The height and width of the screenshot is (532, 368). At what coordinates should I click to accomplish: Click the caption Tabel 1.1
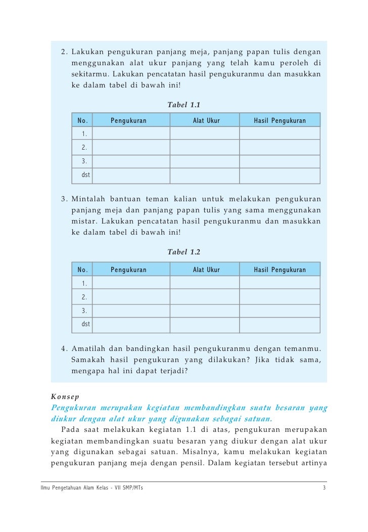pyautogui.click(x=183, y=105)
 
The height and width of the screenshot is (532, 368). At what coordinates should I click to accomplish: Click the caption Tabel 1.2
pyautogui.click(x=183, y=252)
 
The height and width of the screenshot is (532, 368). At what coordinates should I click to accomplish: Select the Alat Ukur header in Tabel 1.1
pyautogui.click(x=206, y=121)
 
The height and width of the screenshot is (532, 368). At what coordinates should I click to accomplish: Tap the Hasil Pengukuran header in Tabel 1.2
pyautogui.click(x=280, y=270)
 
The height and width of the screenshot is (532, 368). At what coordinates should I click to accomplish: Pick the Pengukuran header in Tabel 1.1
pyautogui.click(x=128, y=121)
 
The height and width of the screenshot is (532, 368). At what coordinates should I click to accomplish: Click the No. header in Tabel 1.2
pyautogui.click(x=83, y=270)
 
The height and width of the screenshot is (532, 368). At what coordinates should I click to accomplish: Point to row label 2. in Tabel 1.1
pyautogui.click(x=84, y=148)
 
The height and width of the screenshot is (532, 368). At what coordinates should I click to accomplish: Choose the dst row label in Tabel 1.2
pyautogui.click(x=85, y=324)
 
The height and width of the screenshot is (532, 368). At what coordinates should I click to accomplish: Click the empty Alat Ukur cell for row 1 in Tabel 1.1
pyautogui.click(x=204, y=134)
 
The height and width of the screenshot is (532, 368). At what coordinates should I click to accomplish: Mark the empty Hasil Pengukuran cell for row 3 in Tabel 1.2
pyautogui.click(x=280, y=311)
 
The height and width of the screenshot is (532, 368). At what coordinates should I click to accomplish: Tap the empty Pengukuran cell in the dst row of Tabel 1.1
pyautogui.click(x=131, y=175)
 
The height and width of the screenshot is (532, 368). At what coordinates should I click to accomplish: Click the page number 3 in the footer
pyautogui.click(x=324, y=488)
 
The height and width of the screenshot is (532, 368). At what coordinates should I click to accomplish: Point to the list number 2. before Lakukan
pyautogui.click(x=64, y=52)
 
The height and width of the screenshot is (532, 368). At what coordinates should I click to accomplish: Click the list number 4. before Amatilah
pyautogui.click(x=64, y=349)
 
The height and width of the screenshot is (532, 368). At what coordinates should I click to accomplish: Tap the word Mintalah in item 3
pyautogui.click(x=89, y=198)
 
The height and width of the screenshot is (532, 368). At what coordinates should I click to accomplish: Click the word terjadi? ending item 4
pyautogui.click(x=170, y=371)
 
